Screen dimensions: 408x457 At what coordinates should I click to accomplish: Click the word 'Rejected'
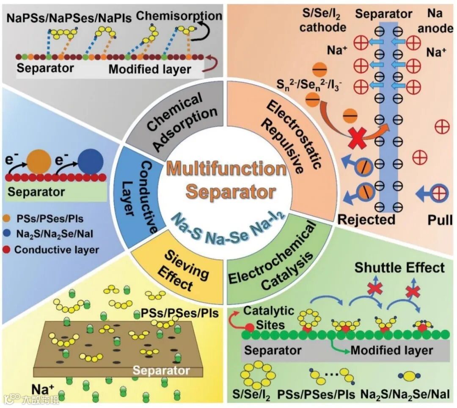(366, 219)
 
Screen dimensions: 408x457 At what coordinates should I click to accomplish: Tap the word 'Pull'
(440, 219)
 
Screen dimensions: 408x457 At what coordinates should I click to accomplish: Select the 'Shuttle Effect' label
(399, 267)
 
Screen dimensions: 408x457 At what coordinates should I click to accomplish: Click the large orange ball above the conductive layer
(39, 160)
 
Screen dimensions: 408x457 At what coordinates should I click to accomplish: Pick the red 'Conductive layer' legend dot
(8, 250)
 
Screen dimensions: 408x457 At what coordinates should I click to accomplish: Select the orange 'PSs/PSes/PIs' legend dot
(8, 219)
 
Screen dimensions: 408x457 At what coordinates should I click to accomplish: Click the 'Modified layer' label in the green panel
(391, 350)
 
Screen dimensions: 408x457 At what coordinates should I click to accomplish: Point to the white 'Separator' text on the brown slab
(162, 370)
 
